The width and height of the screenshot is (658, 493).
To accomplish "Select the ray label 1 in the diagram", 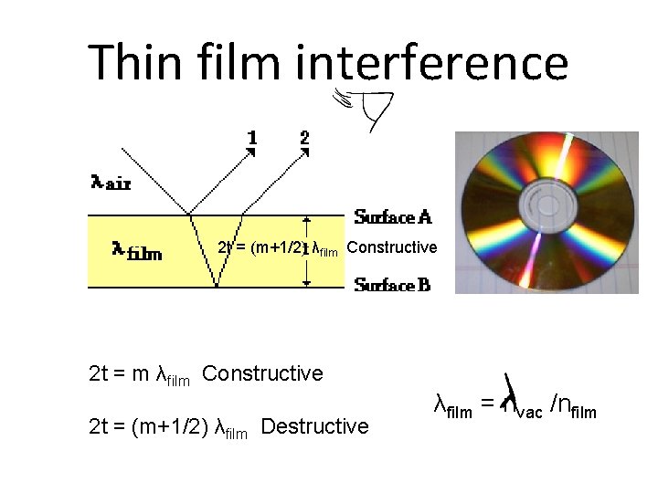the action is click(x=252, y=138).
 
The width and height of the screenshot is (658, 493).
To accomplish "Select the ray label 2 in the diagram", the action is click(x=305, y=138).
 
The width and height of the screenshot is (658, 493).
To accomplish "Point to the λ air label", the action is click(x=111, y=183).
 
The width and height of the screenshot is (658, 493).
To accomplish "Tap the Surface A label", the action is click(x=393, y=217).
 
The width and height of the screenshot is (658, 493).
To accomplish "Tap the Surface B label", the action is click(x=392, y=286).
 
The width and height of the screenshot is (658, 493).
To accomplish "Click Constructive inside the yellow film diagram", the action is click(x=392, y=247).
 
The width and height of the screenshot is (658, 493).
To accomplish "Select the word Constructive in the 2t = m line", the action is click(x=262, y=373).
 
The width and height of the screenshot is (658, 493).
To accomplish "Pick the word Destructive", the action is click(x=314, y=426).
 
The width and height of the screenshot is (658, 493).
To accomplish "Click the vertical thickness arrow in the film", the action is click(x=307, y=251).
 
